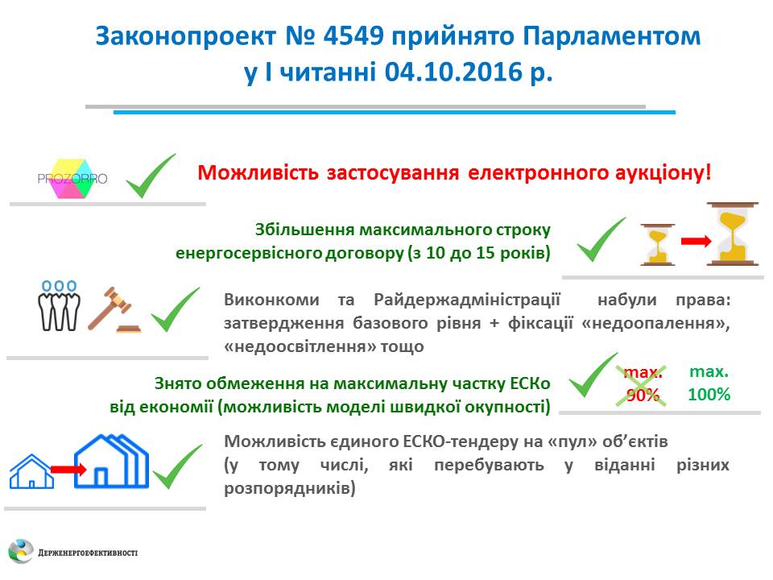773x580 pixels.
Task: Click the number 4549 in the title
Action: [353, 35]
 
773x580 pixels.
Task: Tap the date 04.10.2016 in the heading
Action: [453, 72]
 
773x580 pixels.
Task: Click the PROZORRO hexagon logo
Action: [72, 179]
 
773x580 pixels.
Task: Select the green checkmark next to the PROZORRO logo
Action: [151, 176]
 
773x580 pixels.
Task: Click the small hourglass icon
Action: [658, 244]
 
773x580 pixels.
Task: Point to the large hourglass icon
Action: [732, 234]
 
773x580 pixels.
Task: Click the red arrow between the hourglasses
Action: [696, 241]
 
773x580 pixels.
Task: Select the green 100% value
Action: [709, 394]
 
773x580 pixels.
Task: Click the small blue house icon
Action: [31, 471]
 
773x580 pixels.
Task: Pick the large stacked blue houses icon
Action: [111, 462]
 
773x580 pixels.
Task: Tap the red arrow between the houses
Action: [68, 469]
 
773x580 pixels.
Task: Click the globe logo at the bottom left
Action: [21, 551]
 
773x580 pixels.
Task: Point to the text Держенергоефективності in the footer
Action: [88, 553]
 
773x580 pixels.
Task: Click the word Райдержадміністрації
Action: [467, 300]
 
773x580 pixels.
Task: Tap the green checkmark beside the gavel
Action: [176, 309]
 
